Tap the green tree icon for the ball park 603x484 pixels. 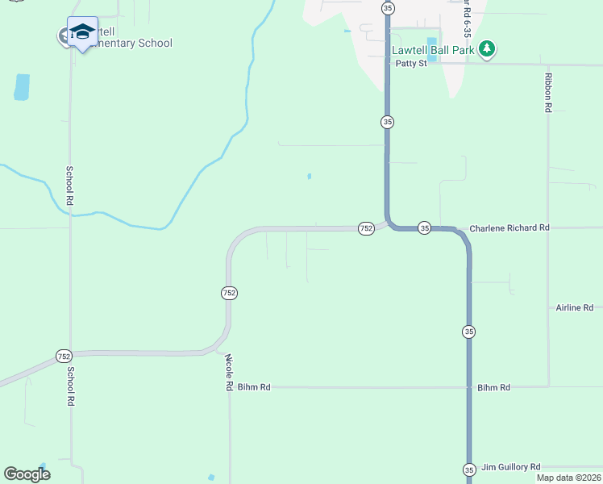point(486,50)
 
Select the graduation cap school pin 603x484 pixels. point(82,32)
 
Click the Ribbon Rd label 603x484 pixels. point(548,92)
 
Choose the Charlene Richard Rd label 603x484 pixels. point(509,228)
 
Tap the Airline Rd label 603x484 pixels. point(574,308)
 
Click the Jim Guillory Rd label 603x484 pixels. point(511,467)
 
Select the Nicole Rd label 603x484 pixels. point(229,373)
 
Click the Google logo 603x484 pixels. point(27,474)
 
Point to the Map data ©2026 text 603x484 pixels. point(568,478)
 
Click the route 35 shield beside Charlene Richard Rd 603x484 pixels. point(425,228)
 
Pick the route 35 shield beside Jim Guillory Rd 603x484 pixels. point(469,469)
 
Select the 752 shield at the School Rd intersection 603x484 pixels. point(64,356)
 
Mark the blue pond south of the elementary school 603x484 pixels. point(22,86)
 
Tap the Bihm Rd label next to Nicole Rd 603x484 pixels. point(253,388)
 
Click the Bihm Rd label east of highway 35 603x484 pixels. point(493,388)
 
